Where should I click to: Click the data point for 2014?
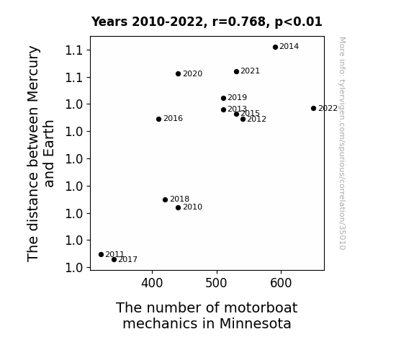coord(275,48)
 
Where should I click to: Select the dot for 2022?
coord(313,108)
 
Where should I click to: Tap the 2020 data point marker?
coord(179,74)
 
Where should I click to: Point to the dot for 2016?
coord(158,119)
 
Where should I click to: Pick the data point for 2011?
coord(101,255)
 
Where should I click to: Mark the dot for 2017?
coord(114,260)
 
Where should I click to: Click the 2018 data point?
coord(166,199)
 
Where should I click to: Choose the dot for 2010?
coord(179,208)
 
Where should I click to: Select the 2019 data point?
coord(223,98)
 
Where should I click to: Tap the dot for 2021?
coord(236,71)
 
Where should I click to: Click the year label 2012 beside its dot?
coord(256,120)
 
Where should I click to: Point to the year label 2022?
coord(328,109)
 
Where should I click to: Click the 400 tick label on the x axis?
coord(152,283)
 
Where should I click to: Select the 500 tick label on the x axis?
coord(216,283)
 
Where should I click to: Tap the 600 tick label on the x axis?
coord(281,283)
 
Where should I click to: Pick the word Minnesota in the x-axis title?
coord(255,323)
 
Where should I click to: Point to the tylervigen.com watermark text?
coord(342,143)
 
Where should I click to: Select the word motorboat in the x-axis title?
coord(261,308)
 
